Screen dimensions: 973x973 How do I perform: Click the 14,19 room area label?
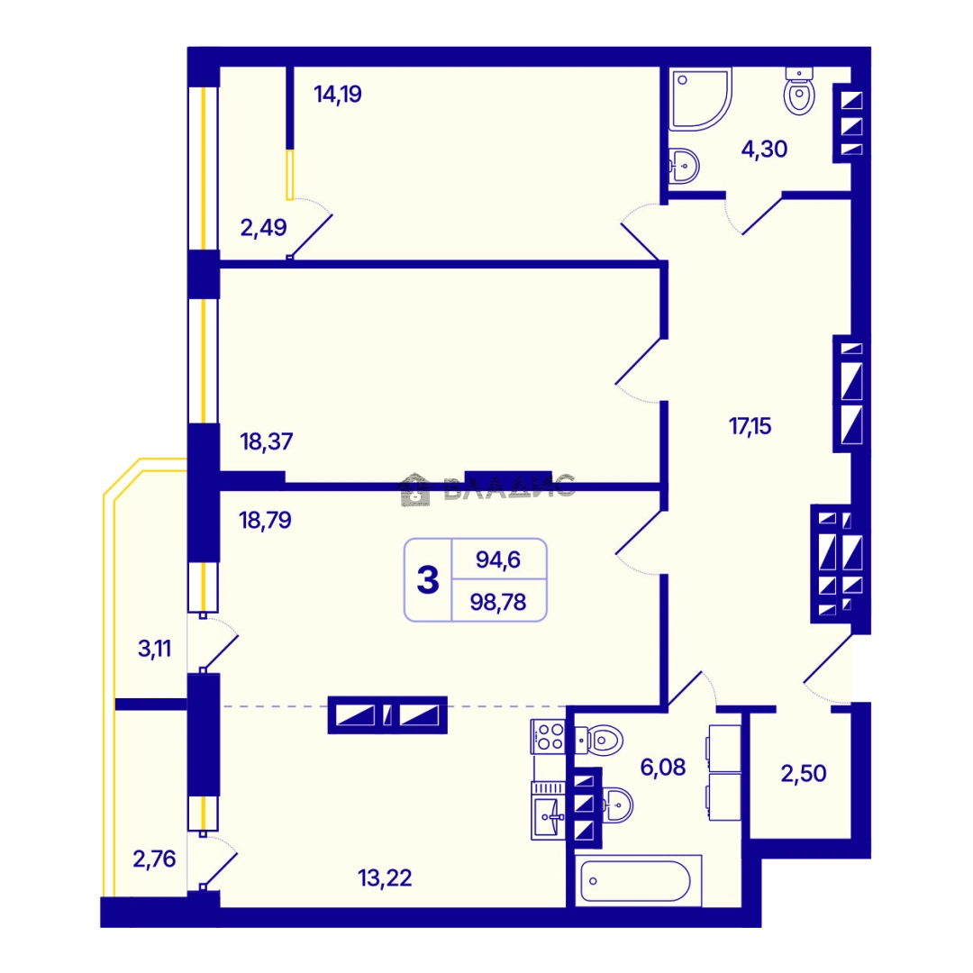[338, 95]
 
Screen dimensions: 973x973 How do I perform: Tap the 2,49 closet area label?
[263, 228]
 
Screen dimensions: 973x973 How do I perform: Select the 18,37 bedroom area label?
[266, 441]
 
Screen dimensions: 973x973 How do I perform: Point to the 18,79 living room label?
[265, 520]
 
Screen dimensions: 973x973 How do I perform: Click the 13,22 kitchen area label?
[385, 878]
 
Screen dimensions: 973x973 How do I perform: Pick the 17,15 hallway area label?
[750, 426]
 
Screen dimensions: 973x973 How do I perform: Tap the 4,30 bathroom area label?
[765, 149]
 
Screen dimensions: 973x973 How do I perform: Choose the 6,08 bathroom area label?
[663, 768]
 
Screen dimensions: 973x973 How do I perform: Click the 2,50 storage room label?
[804, 774]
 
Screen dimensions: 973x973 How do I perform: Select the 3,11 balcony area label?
[154, 649]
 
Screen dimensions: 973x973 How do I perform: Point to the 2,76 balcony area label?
[154, 859]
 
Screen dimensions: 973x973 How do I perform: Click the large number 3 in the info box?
[428, 580]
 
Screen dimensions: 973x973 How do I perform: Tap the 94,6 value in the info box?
[497, 559]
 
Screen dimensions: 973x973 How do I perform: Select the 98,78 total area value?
[498, 602]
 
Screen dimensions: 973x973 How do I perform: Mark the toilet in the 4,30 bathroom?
[799, 91]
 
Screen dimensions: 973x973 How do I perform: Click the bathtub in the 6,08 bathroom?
[639, 880]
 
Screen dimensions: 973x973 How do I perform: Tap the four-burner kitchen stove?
[548, 737]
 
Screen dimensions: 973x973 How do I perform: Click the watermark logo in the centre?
[487, 488]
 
